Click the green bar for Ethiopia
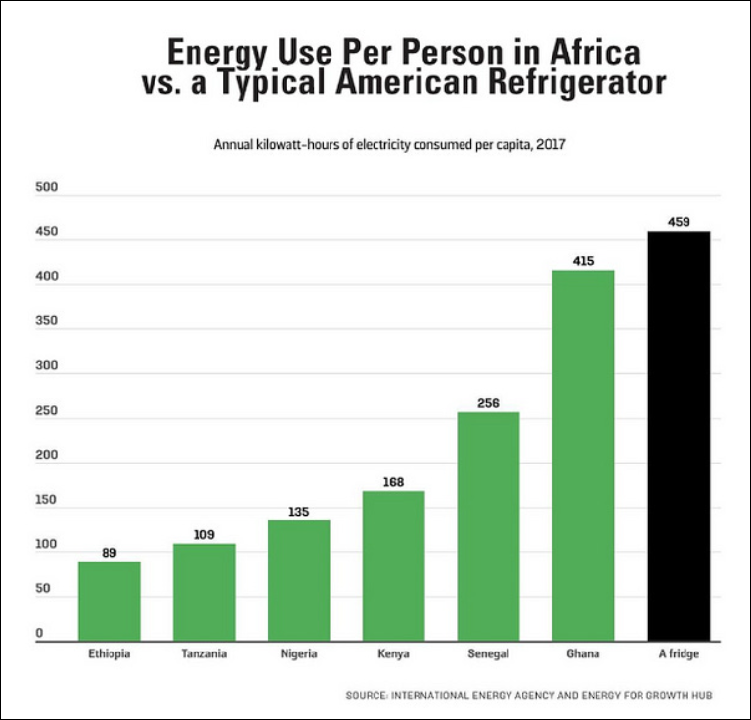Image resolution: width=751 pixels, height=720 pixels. click(x=110, y=601)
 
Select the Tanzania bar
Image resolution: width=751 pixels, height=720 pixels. click(x=204, y=592)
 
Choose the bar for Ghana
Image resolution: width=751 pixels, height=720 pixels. click(x=584, y=455)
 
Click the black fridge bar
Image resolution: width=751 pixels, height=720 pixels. click(x=679, y=435)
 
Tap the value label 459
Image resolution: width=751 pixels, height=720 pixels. click(x=679, y=222)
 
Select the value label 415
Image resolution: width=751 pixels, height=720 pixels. click(x=584, y=261)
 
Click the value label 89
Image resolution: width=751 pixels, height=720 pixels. click(x=110, y=553)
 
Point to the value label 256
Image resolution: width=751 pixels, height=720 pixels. click(x=489, y=403)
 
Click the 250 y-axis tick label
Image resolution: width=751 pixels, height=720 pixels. click(x=46, y=411)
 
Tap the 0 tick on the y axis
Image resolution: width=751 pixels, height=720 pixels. click(x=40, y=634)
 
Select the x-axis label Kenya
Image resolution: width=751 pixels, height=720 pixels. click(x=394, y=654)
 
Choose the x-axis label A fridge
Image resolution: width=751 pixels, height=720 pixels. click(x=679, y=654)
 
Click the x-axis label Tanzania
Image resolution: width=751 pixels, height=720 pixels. click(x=204, y=654)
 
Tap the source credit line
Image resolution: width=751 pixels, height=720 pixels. click(x=528, y=696)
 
